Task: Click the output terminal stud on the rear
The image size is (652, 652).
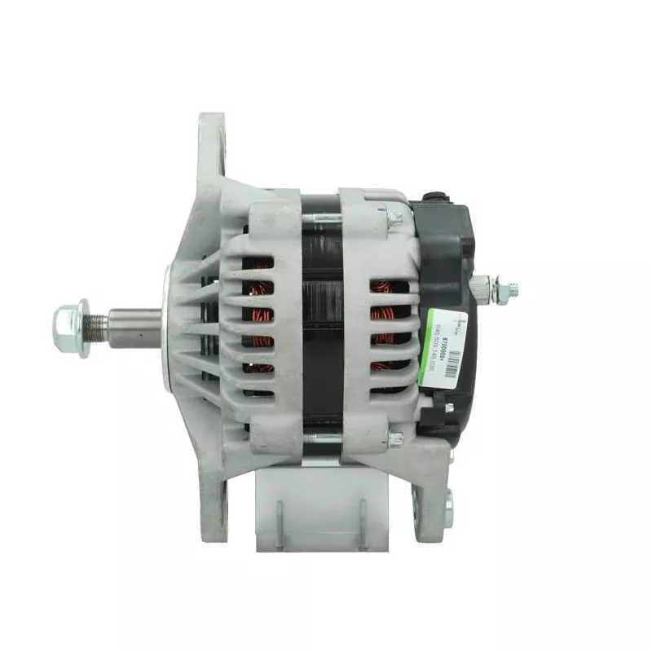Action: coord(509,289)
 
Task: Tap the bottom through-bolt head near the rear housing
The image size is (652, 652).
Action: coord(395,439)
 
